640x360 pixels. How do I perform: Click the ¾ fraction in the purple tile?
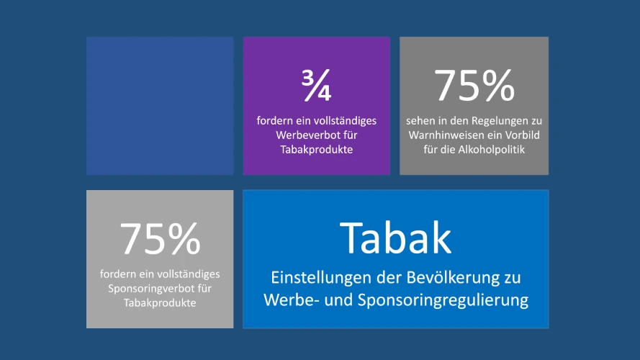point(316,86)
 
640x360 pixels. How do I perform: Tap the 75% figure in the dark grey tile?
point(474,86)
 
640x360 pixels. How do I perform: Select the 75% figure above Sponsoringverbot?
point(160,238)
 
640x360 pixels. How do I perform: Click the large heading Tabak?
point(395,238)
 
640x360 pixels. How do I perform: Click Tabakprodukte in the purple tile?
point(316,149)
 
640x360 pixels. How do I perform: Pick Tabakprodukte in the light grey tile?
point(160,302)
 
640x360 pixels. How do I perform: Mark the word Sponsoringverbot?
point(143,288)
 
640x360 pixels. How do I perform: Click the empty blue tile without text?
point(160,106)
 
